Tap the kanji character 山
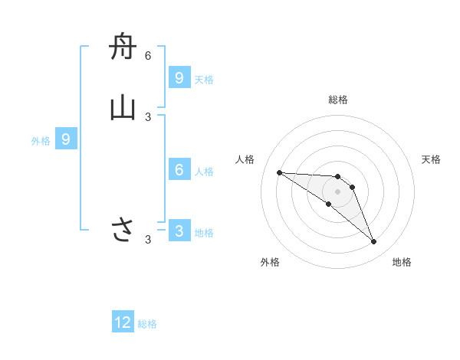123,108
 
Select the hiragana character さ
123,229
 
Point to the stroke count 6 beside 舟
148,56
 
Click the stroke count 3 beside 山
148,116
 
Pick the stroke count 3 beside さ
148,240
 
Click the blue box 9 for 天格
179,78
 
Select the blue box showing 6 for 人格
179,169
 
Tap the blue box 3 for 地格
179,231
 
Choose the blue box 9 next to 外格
66,139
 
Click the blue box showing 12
123,322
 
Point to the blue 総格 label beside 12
147,324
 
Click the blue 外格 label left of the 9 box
41,140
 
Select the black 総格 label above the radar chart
338,100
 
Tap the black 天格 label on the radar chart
431,159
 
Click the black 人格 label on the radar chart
245,159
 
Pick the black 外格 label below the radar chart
270,262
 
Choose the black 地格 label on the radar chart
402,262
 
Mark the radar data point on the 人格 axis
279,172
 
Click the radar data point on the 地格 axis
373,241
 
